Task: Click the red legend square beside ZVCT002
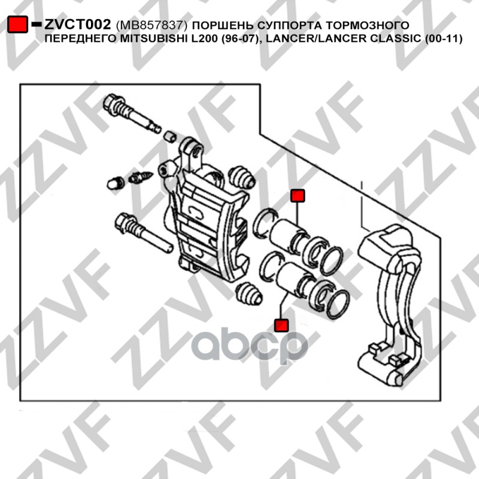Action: coord(18,24)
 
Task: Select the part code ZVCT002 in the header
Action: coord(78,25)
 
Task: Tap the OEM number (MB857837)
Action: coord(151,25)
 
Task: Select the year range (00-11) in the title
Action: coord(443,39)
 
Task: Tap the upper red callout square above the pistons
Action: coord(298,196)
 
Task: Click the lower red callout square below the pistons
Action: coord(281,325)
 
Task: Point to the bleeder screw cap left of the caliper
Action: coord(116,183)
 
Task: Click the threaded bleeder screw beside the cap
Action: coord(141,177)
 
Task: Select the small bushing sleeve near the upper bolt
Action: coord(170,137)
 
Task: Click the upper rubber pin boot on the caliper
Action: coord(242,177)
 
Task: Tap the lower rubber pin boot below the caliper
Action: coord(248,293)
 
